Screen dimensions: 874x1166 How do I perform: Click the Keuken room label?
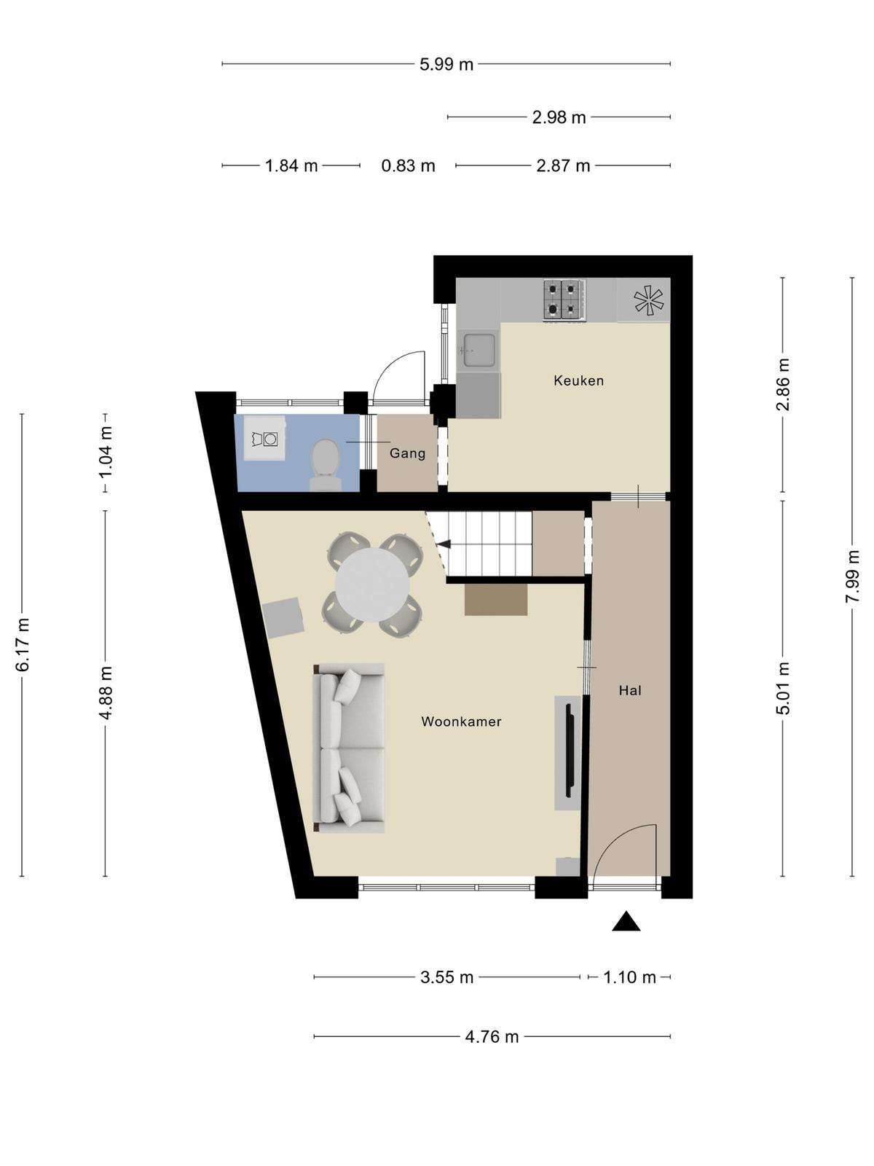(x=578, y=380)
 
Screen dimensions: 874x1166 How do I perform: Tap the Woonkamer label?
(x=461, y=721)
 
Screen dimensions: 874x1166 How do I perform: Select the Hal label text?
(x=630, y=690)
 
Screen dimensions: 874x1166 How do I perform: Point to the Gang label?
(x=407, y=453)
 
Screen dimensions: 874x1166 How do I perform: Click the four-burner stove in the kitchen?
(x=564, y=300)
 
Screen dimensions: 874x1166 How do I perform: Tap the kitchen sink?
(x=479, y=350)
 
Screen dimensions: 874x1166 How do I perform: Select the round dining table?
(x=372, y=585)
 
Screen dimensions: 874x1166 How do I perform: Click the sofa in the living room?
(x=349, y=748)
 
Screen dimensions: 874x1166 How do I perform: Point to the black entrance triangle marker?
(x=626, y=921)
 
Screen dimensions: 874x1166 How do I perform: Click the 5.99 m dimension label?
(x=446, y=64)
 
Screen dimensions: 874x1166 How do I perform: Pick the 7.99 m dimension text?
(x=851, y=576)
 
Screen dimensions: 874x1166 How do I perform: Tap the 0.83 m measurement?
(x=408, y=165)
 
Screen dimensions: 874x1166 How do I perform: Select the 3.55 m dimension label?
(x=446, y=977)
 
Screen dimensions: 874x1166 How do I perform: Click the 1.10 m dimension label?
(x=629, y=977)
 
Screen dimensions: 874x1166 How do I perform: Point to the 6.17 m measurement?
(x=23, y=644)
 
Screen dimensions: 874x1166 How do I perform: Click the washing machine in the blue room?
(x=264, y=438)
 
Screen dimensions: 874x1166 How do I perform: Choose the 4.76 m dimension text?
(x=492, y=1036)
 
